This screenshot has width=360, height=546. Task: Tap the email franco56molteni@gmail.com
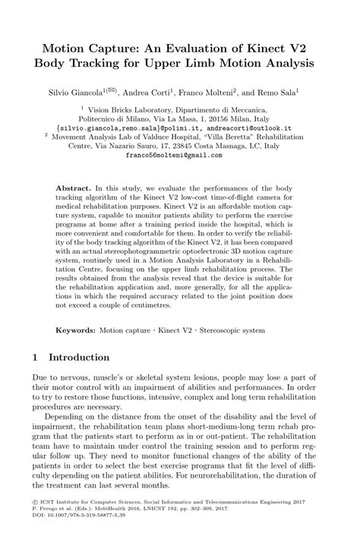(179, 154)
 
